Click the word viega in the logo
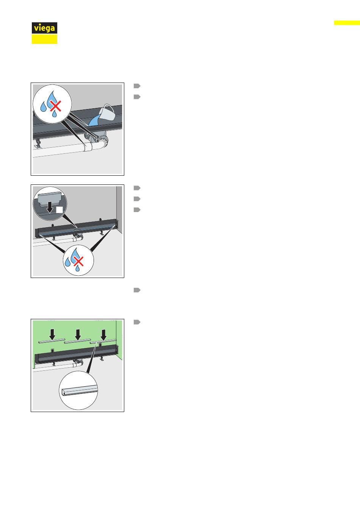pyautogui.click(x=44, y=28)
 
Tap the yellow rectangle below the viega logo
pyautogui.click(x=44, y=39)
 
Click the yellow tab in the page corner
pyautogui.click(x=347, y=23)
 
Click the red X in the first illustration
pyautogui.click(x=56, y=106)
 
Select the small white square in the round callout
pyautogui.click(x=59, y=210)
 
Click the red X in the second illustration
pyautogui.click(x=79, y=261)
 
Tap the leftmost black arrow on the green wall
pyautogui.click(x=52, y=334)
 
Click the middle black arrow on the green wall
pyautogui.click(x=78, y=334)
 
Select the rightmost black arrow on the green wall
pyautogui.click(x=103, y=334)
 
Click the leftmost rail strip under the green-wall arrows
pyautogui.click(x=52, y=341)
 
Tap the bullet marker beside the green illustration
pyautogui.click(x=137, y=322)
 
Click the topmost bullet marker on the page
pyautogui.click(x=137, y=86)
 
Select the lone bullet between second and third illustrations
pyautogui.click(x=137, y=290)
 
